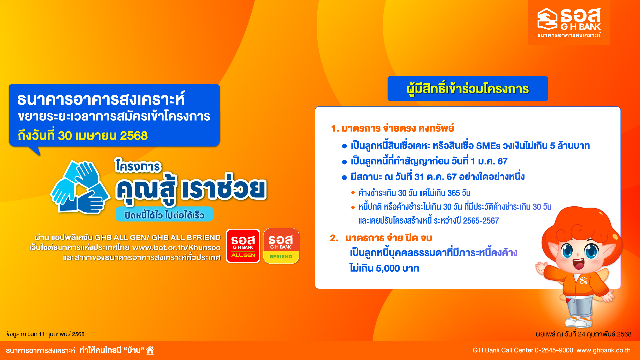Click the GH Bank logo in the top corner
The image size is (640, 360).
(x=569, y=22)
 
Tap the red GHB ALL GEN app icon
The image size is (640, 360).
(x=243, y=246)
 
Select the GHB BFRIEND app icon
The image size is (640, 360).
(x=281, y=246)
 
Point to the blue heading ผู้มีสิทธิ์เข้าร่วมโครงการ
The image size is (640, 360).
(x=467, y=89)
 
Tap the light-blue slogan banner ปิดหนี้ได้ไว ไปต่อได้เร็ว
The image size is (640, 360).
(x=164, y=214)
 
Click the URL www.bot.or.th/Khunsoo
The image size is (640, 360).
(x=176, y=248)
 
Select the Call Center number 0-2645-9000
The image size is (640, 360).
(x=554, y=350)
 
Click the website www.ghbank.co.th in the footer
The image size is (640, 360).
(x=603, y=350)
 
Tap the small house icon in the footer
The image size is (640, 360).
(x=150, y=350)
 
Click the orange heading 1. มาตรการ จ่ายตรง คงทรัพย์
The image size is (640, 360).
(x=393, y=128)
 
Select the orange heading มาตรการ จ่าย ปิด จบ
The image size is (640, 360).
(x=389, y=238)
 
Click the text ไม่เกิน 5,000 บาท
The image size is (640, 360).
(x=384, y=268)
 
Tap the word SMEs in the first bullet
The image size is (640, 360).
(x=488, y=146)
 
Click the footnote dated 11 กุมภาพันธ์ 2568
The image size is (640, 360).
(x=45, y=334)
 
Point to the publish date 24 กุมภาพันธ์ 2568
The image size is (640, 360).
(x=583, y=334)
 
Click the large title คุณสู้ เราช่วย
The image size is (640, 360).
(x=191, y=189)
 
